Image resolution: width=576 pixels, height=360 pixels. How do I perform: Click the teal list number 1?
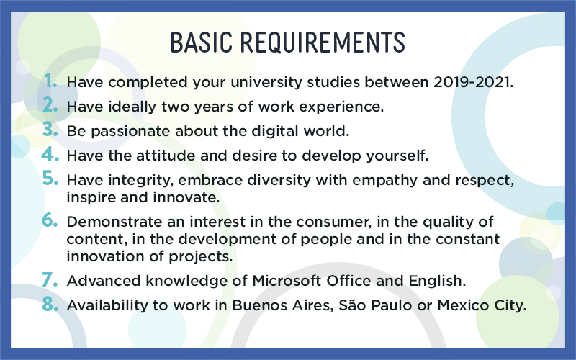(x=50, y=81)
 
